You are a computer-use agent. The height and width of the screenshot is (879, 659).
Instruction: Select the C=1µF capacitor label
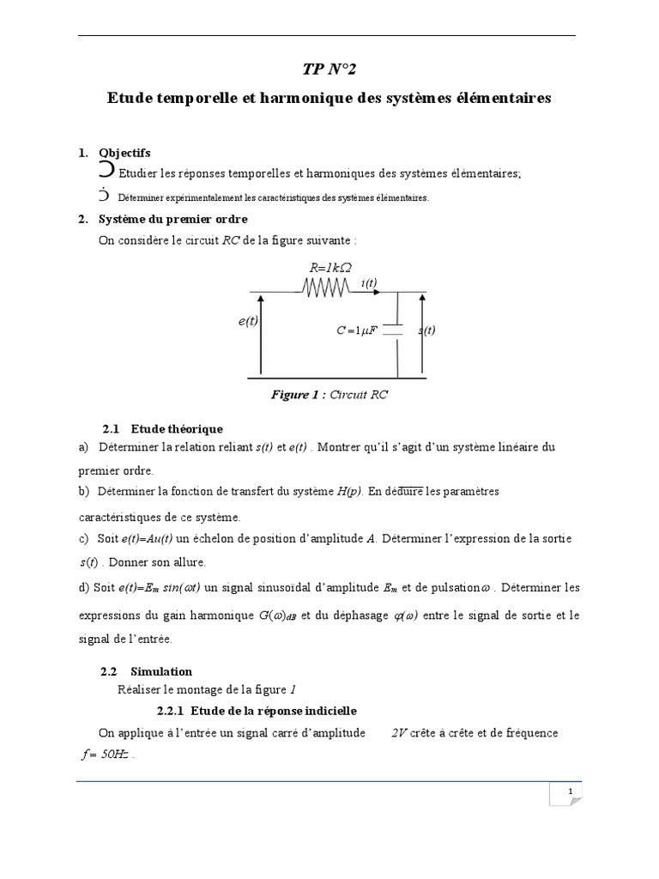point(357,330)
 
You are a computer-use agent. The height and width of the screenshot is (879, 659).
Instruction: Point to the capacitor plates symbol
point(392,330)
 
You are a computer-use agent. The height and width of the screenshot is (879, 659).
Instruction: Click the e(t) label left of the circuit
point(249,320)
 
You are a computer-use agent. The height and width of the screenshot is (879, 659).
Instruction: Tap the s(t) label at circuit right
point(426,330)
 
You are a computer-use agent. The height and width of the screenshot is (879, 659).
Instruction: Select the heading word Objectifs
point(124,153)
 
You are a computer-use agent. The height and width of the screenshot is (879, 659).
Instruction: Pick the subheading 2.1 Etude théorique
point(163,428)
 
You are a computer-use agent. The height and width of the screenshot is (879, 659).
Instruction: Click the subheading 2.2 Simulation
point(147,671)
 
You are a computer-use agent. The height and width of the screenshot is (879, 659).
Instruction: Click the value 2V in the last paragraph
point(399,733)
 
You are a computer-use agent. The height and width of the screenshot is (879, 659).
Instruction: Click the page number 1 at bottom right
point(569,791)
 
